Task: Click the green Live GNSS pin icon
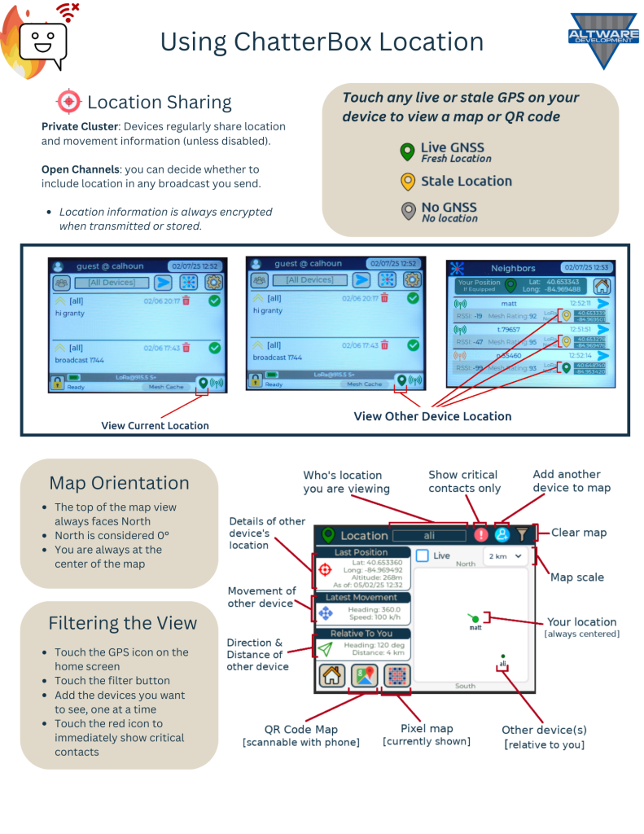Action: (407, 152)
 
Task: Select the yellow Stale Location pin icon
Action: (407, 182)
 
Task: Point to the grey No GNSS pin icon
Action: (407, 211)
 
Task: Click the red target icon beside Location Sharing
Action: (68, 102)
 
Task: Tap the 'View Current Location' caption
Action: (155, 425)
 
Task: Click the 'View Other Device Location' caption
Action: (432, 416)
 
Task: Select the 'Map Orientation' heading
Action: (119, 483)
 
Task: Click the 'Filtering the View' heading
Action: (122, 623)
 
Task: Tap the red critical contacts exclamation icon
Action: (480, 535)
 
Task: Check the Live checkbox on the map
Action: (423, 555)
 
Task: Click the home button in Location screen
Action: (331, 676)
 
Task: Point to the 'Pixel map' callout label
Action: (427, 728)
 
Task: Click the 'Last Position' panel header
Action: (361, 552)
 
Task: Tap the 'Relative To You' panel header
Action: (361, 634)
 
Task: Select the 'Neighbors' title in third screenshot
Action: (513, 267)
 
